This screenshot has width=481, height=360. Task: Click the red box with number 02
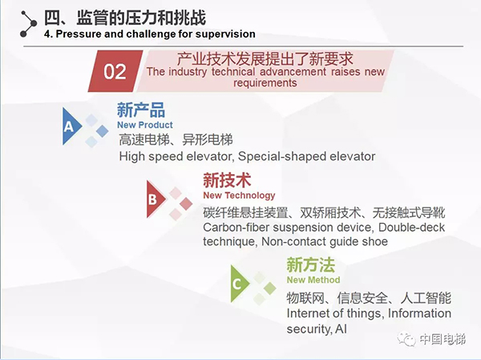tap(115, 71)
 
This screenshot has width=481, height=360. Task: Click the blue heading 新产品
tap(140, 111)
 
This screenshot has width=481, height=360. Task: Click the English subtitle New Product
tap(144, 125)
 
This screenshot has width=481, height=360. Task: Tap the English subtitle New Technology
tap(239, 195)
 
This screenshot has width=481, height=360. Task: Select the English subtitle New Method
tap(313, 280)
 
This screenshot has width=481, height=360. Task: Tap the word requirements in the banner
tap(267, 83)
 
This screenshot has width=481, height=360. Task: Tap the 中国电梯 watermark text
tap(446, 340)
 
